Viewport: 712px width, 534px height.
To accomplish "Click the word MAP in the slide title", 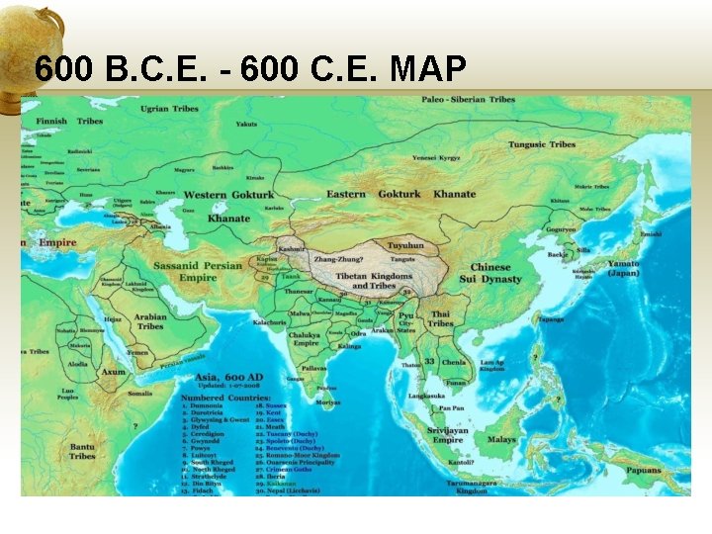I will point(429,69).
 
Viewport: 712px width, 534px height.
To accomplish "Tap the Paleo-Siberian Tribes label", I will point(468,100).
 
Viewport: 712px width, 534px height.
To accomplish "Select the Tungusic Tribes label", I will point(541,144).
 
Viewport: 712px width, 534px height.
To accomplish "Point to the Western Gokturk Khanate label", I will point(228,206).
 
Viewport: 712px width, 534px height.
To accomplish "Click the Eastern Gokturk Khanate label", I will point(400,194).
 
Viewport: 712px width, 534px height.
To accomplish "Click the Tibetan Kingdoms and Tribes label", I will point(373,281).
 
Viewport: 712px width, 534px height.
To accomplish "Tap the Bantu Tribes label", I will point(82,452).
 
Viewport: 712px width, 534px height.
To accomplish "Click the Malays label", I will point(502,439).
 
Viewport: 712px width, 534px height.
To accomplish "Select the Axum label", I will point(114,372).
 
